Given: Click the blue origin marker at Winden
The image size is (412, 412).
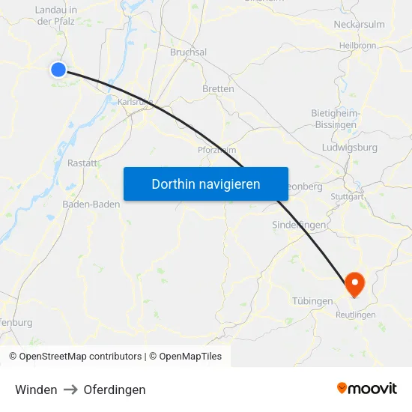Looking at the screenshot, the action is click(x=58, y=70).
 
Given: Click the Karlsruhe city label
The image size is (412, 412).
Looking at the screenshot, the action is click(x=136, y=101).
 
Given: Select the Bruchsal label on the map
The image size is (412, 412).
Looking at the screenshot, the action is click(x=189, y=52).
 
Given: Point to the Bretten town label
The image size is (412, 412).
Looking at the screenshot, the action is click(x=218, y=88).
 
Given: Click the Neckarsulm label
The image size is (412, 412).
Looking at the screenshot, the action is click(x=359, y=24).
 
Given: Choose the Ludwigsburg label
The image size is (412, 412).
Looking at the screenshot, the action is click(x=349, y=148).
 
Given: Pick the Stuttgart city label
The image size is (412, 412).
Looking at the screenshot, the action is click(x=347, y=197).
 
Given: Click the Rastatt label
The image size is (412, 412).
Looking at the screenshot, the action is click(x=82, y=163).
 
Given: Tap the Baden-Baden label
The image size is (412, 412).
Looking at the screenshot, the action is click(x=91, y=204).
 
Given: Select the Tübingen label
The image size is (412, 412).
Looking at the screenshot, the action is click(x=312, y=301).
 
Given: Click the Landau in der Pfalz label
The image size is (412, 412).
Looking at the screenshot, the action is click(x=56, y=16).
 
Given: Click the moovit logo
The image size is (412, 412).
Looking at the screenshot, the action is click(x=367, y=388).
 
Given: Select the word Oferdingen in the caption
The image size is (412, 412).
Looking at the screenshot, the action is click(x=115, y=390).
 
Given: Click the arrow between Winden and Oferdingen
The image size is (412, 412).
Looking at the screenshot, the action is click(x=70, y=390).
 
